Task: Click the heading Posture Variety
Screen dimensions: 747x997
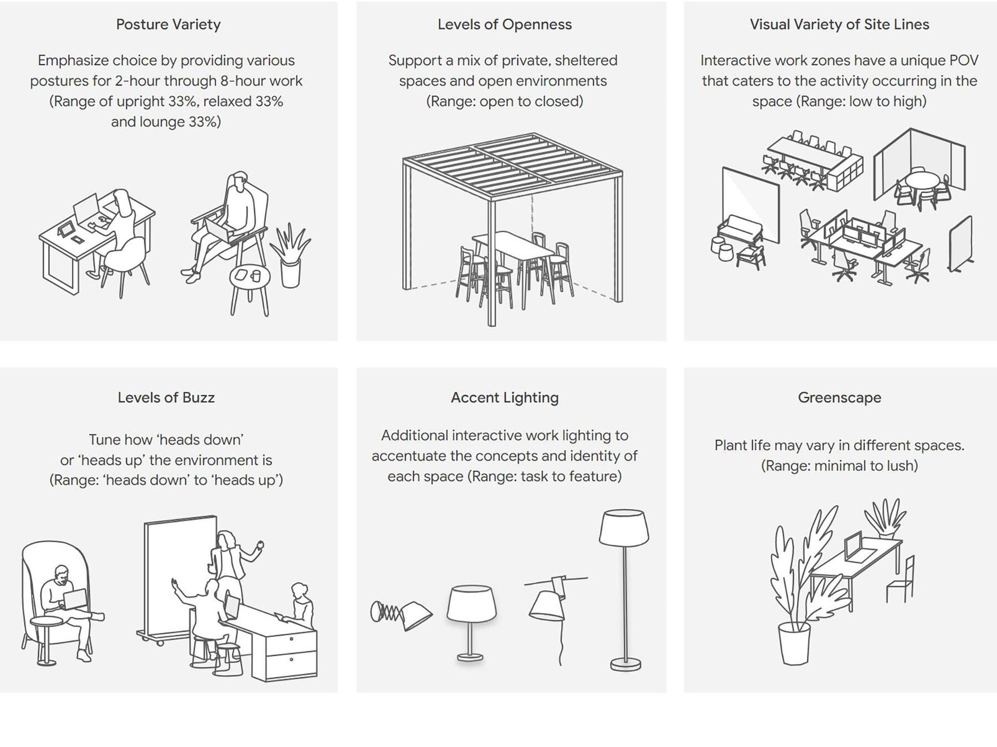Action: [x=168, y=24]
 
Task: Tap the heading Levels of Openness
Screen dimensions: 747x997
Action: [x=505, y=24]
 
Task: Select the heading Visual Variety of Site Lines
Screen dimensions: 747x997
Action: [x=839, y=24]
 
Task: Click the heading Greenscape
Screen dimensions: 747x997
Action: [x=839, y=397]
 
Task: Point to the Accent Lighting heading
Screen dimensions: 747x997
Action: [x=505, y=397]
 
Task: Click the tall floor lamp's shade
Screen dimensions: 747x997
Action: [x=624, y=528]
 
